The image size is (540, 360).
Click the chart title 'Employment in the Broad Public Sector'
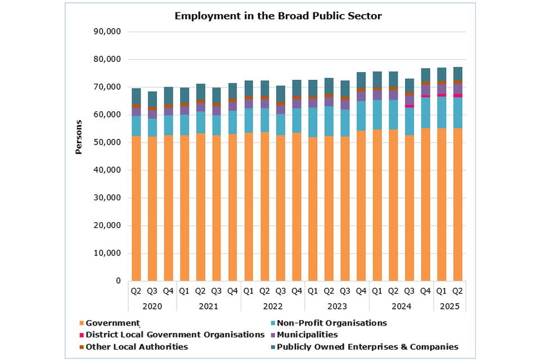pyautogui.click(x=278, y=16)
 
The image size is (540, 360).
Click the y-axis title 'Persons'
pyautogui.click(x=79, y=137)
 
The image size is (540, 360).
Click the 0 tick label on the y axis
pyautogui.click(x=118, y=281)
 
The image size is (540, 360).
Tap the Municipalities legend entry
pyautogui.click(x=315, y=335)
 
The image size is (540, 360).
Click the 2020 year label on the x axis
pyautogui.click(x=152, y=307)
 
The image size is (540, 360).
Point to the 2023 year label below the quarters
pyautogui.click(x=337, y=307)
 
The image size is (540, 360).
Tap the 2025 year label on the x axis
pyautogui.click(x=449, y=307)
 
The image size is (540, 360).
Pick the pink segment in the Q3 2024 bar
pyautogui.click(x=409, y=106)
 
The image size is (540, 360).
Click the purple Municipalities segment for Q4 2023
pyautogui.click(x=361, y=96)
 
